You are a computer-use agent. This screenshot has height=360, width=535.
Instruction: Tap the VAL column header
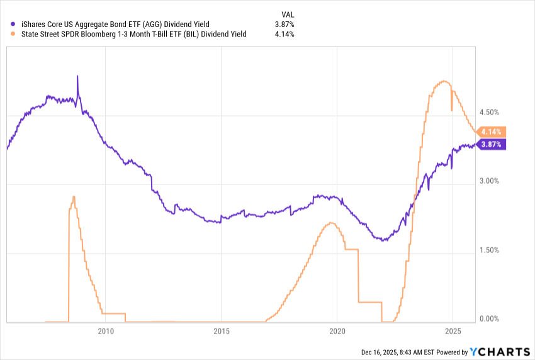pyautogui.click(x=287, y=14)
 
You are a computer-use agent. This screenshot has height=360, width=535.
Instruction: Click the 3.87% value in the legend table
pyautogui.click(x=284, y=25)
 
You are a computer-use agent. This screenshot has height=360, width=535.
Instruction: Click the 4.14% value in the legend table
pyautogui.click(x=284, y=35)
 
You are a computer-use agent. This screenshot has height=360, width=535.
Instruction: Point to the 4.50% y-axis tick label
pyautogui.click(x=488, y=112)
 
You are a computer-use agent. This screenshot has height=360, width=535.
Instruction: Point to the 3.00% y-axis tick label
pyautogui.click(x=488, y=181)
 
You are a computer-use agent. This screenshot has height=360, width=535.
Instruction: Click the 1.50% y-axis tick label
pyautogui.click(x=488, y=250)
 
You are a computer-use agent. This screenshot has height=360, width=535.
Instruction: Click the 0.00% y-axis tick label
pyautogui.click(x=488, y=319)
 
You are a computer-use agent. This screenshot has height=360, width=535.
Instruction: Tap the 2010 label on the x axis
pyautogui.click(x=105, y=331)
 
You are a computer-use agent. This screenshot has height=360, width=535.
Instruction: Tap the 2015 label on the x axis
pyautogui.click(x=221, y=331)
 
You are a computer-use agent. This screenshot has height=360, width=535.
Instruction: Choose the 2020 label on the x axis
pyautogui.click(x=337, y=331)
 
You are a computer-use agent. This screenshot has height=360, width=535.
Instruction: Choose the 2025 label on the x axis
pyautogui.click(x=453, y=331)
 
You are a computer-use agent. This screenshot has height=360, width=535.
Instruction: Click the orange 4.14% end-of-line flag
pyautogui.click(x=492, y=132)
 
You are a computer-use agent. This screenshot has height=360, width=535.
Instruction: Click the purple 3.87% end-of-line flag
pyautogui.click(x=492, y=144)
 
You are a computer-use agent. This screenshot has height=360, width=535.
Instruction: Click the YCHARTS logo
pyautogui.click(x=498, y=352)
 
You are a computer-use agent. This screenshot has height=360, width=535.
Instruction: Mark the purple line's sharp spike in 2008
pyautogui.click(x=77, y=77)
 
